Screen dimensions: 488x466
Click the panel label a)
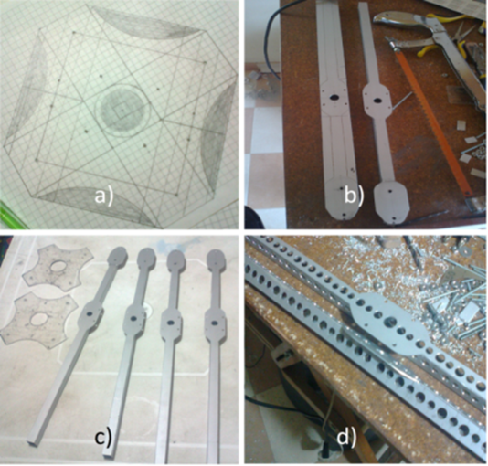pos(104,196)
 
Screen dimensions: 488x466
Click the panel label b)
pos(354,195)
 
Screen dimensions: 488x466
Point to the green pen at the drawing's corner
pos(9,214)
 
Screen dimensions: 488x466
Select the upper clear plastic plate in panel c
pos(58,268)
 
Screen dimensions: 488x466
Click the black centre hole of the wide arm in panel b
pos(334,98)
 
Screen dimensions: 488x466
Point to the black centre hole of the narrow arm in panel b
pos(377,101)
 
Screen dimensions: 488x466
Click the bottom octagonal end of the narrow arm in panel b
pos(391,202)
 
